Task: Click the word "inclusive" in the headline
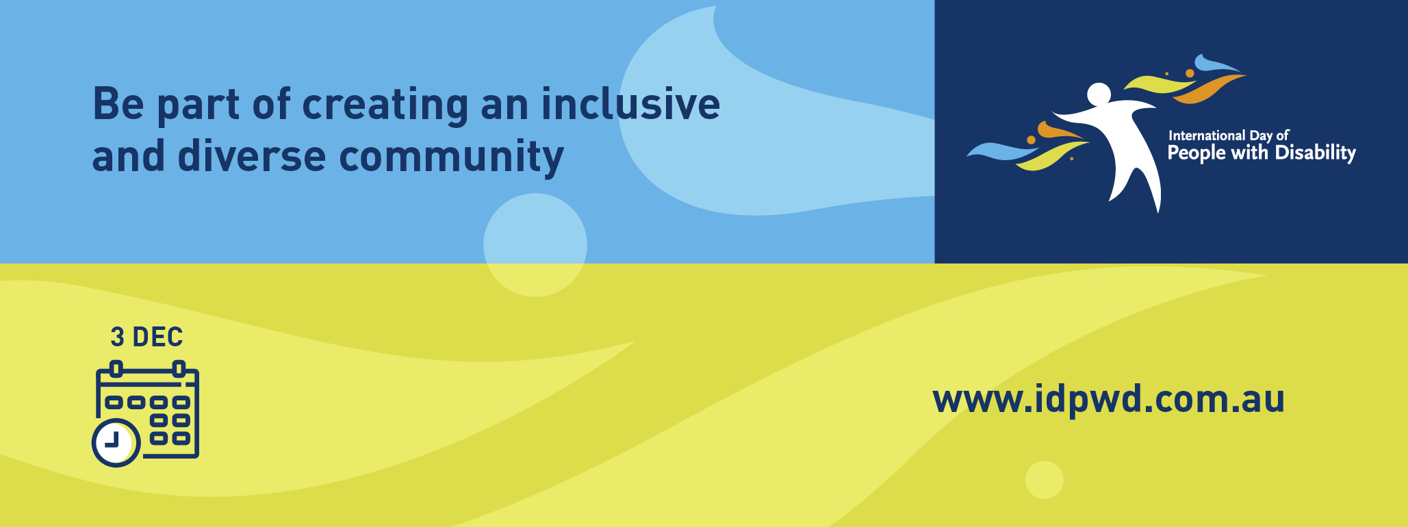point(630,105)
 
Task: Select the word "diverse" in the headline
point(251,156)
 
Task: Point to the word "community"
point(451,157)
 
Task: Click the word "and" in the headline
point(128,156)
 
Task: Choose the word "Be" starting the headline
point(118,104)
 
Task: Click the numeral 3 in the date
point(118,337)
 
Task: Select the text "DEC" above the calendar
point(157,337)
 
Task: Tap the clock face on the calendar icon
point(116,442)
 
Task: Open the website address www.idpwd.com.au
point(1108,399)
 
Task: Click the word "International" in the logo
point(1206,136)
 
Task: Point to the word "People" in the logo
point(1196,153)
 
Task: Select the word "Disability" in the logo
point(1315,153)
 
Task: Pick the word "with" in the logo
point(1250,152)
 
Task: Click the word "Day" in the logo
point(1261,136)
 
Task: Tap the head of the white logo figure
point(1099,94)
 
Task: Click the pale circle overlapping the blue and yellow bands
point(535,245)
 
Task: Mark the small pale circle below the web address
point(1044,480)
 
